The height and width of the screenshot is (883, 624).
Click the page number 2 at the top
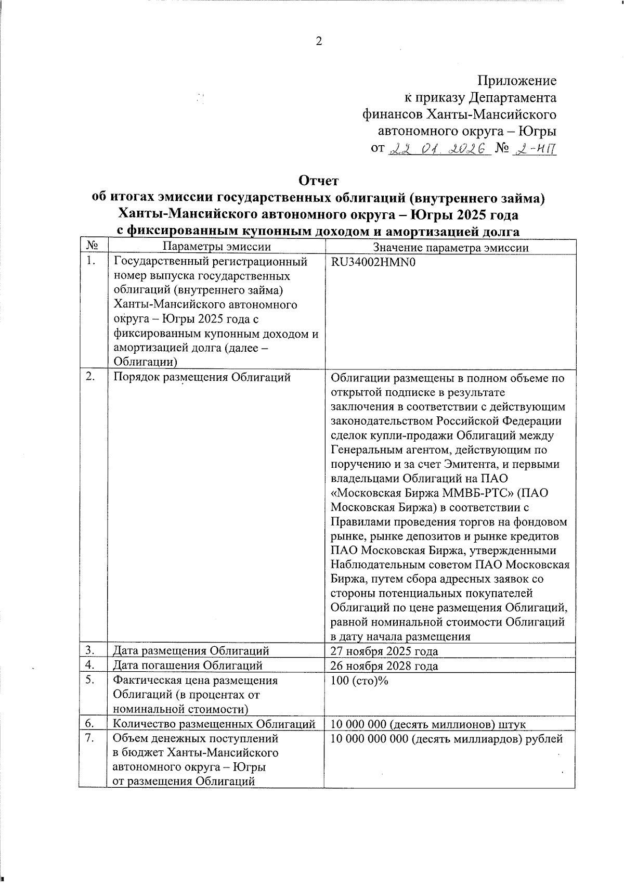pos(319,42)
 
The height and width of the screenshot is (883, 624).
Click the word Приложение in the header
pos(517,81)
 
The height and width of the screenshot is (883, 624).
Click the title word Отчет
pos(318,181)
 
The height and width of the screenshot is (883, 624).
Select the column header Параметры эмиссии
pos(216,247)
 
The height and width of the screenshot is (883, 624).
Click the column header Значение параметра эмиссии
pos(450,248)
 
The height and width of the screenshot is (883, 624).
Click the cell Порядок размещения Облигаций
pos(202,378)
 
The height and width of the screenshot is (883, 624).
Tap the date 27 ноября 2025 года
pos(384,651)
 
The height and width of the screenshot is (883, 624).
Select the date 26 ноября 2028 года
pos(384,666)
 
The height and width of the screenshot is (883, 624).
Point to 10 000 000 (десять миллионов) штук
pos(428,724)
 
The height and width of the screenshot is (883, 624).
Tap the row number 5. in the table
pos(90,680)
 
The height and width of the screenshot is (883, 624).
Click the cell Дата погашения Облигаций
pos(188,666)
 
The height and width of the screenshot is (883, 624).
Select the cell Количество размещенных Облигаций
pos(214,724)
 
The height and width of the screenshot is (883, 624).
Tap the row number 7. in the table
pos(90,738)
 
